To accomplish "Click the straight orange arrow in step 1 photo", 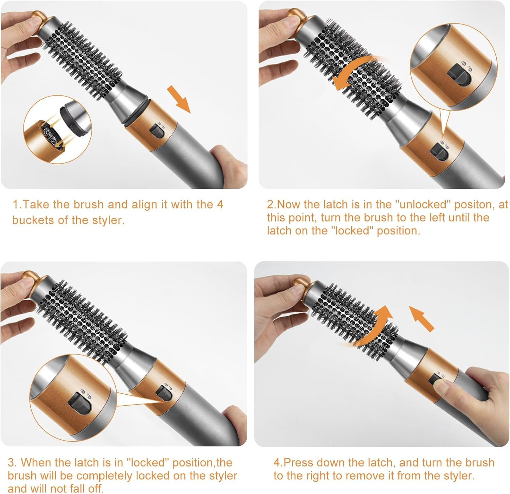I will (179, 99).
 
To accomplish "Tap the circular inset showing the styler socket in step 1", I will (57, 129).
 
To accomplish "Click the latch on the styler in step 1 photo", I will (156, 131).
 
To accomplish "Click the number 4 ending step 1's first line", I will (220, 204).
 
